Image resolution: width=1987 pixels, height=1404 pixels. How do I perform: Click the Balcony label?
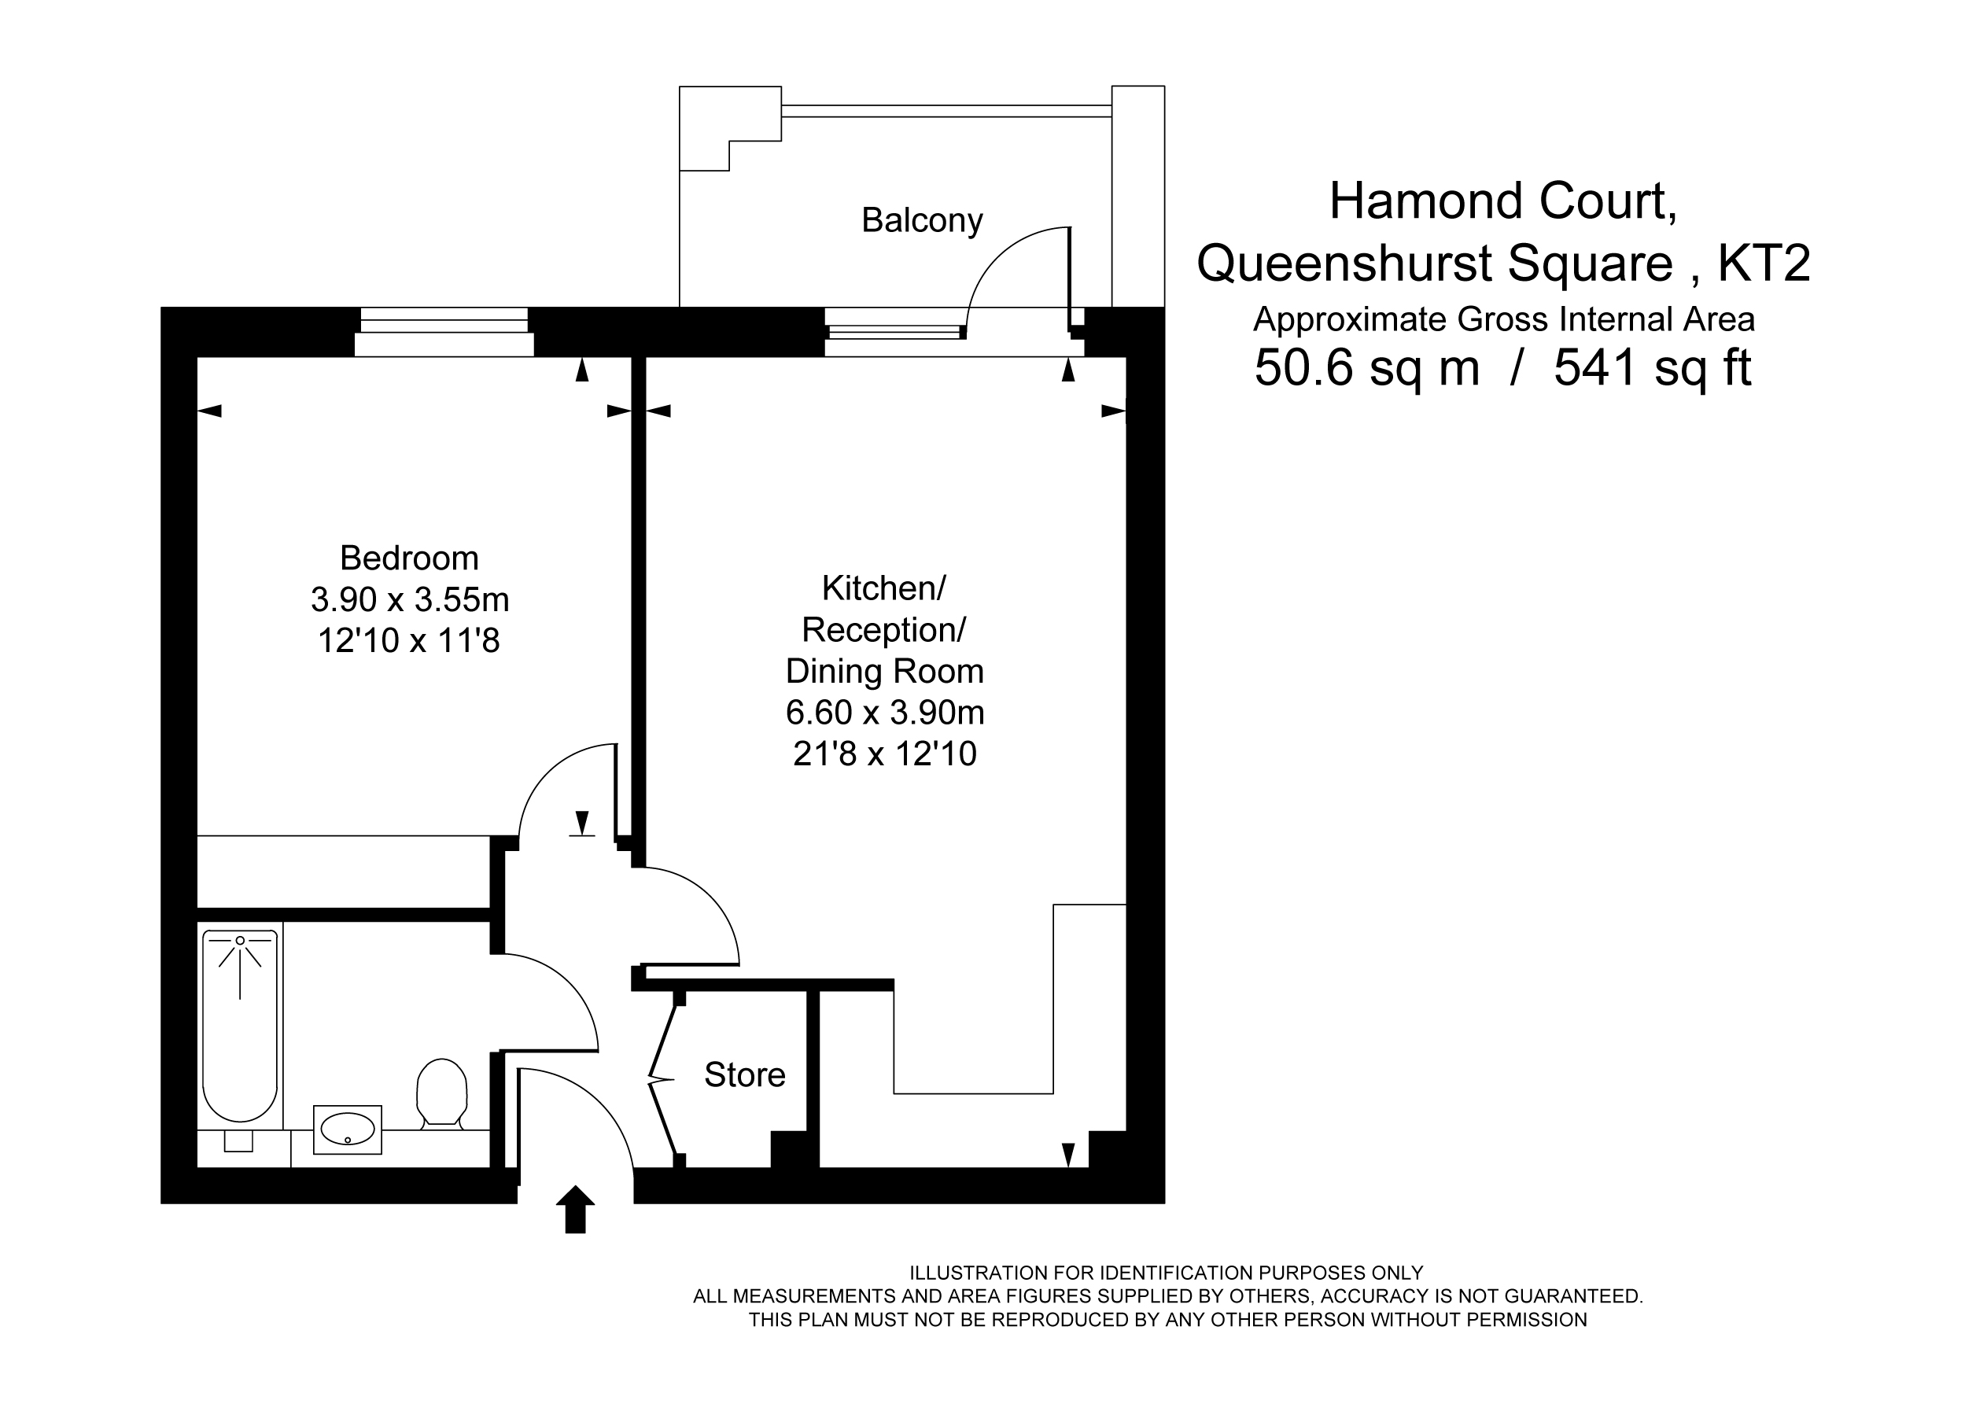click(922, 221)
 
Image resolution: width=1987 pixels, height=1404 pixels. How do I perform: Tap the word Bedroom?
click(409, 558)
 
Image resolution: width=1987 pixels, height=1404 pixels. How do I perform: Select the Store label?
click(744, 1075)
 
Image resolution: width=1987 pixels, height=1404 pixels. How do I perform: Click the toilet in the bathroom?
click(442, 1093)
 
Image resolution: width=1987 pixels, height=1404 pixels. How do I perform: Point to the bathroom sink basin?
click(347, 1129)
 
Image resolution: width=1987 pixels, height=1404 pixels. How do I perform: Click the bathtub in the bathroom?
click(240, 1026)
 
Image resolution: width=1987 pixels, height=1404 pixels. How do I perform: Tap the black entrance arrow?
click(575, 1209)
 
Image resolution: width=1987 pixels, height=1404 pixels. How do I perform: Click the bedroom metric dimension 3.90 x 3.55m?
click(409, 599)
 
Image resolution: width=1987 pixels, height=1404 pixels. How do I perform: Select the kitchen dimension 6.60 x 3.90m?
click(884, 713)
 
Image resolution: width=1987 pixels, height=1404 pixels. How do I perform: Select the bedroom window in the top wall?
click(444, 331)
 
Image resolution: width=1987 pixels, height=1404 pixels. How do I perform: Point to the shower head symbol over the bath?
click(240, 953)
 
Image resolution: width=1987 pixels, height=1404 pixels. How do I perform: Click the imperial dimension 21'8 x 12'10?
click(884, 754)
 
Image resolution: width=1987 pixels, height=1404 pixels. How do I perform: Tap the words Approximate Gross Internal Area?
click(1504, 319)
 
